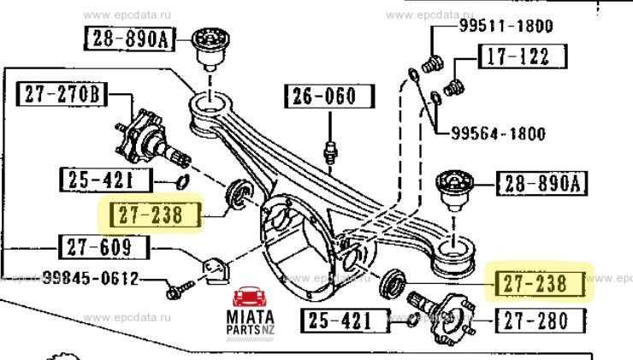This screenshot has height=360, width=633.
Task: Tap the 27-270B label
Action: pos(62,93)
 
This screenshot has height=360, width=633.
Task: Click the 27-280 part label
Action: pos(547,322)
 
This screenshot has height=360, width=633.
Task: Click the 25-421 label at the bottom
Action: pos(338,322)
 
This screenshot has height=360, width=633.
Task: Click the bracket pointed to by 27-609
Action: pos(216,269)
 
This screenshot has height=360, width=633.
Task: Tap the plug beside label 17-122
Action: pos(454,86)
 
